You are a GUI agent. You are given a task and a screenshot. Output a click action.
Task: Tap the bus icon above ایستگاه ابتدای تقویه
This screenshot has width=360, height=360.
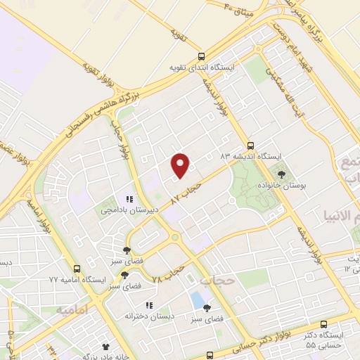click(x=202, y=56)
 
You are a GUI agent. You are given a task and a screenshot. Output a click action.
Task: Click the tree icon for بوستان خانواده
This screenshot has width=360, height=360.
click(x=282, y=174)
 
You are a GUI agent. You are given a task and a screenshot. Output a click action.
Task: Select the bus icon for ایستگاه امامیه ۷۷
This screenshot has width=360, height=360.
click(x=76, y=269)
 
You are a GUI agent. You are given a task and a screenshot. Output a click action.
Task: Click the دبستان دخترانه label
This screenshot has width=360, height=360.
click(x=149, y=316)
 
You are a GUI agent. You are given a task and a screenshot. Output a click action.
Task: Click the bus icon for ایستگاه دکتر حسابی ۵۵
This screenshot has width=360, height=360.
click(x=323, y=325)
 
